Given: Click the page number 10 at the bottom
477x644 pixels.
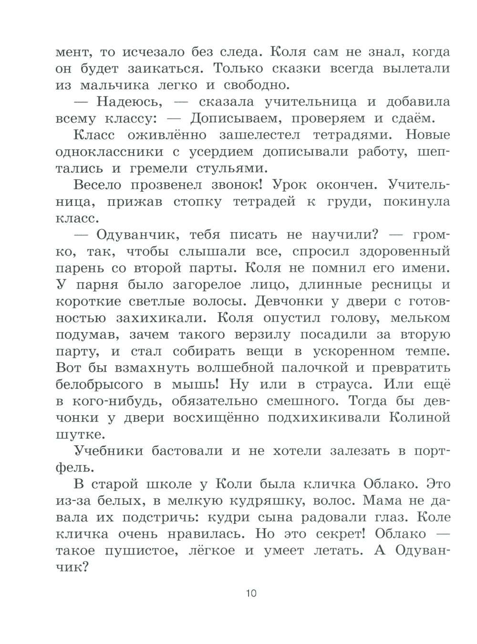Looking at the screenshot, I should [251, 593].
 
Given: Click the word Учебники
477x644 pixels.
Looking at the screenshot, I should [106, 451].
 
